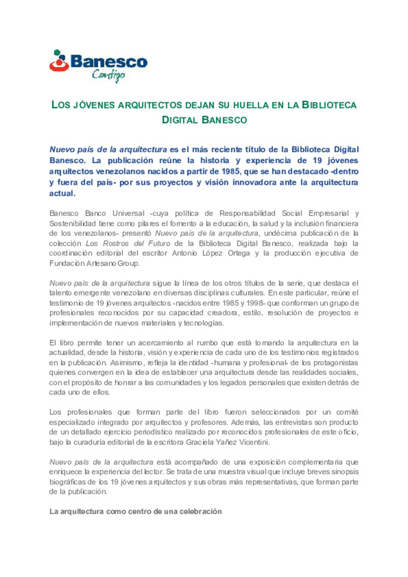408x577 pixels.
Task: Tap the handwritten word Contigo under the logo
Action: click(108, 75)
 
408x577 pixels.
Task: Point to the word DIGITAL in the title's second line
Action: click(180, 120)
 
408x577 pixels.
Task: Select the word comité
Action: click(347, 412)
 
